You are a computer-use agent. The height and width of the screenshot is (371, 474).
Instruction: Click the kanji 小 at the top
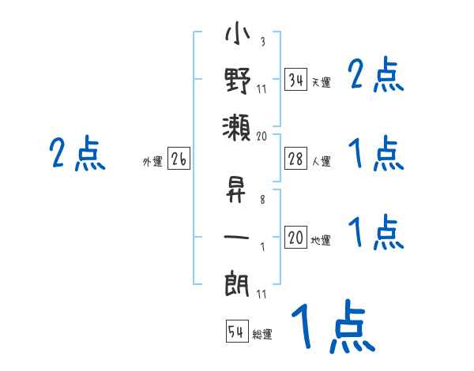point(236,38)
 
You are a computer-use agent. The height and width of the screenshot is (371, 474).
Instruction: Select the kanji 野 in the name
point(236,81)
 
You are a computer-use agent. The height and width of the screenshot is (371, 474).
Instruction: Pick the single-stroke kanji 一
point(236,236)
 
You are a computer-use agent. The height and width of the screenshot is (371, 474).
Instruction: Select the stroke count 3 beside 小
point(261,42)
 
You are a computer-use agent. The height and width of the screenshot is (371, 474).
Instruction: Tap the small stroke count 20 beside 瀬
point(262,136)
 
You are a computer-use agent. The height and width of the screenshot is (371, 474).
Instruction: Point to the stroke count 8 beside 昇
point(261,200)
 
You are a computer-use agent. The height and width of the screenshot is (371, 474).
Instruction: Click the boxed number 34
point(295,80)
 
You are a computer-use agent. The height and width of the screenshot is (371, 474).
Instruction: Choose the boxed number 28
point(295,159)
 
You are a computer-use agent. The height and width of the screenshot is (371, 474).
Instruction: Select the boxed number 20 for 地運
point(295,238)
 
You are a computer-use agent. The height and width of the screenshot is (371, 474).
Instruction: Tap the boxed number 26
point(179,159)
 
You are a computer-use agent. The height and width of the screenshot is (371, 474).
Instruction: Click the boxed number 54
point(236,332)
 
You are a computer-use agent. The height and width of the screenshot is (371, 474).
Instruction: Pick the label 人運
point(321,162)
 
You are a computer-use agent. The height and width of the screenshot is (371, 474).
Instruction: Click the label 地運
point(321,241)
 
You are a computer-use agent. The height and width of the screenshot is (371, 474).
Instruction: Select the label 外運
point(152,163)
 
